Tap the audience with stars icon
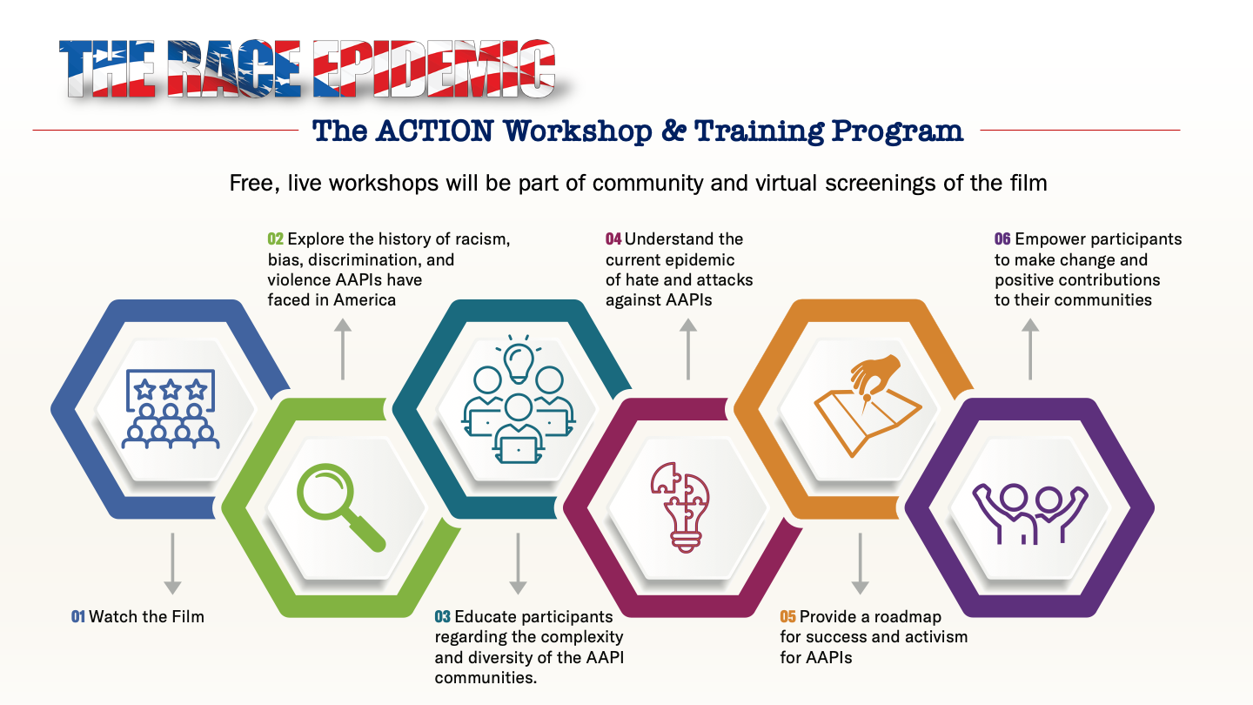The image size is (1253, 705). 171,409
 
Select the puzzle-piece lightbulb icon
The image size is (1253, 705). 680,507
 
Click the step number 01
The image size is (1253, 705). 77,616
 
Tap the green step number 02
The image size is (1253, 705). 275,238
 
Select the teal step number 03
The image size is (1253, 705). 442,616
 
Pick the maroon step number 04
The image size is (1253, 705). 613,238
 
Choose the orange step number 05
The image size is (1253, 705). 787,616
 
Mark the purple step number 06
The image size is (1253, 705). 1002,238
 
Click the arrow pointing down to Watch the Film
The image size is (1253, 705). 172,563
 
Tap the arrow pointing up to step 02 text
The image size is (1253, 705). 343,349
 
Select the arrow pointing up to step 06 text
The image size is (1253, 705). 1030,349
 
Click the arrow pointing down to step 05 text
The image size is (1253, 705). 860,563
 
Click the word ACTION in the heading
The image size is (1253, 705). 435,131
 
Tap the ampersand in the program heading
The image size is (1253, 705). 673,131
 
